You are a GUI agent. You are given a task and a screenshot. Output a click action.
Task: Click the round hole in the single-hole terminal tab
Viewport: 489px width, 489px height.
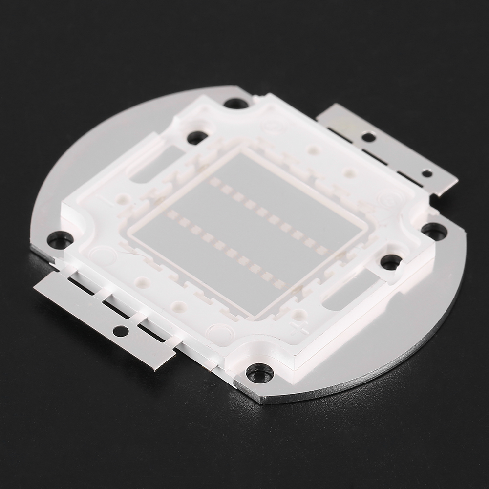click(x=120, y=331)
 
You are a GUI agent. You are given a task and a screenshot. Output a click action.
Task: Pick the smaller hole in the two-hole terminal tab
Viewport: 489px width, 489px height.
click(x=426, y=173)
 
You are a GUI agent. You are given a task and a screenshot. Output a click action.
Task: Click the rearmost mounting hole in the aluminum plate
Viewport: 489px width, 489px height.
click(x=235, y=104)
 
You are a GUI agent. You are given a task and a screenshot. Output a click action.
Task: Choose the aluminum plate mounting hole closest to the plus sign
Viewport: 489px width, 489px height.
click(x=259, y=374)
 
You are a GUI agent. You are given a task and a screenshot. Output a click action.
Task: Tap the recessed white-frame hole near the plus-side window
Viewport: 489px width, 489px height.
click(x=391, y=261)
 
